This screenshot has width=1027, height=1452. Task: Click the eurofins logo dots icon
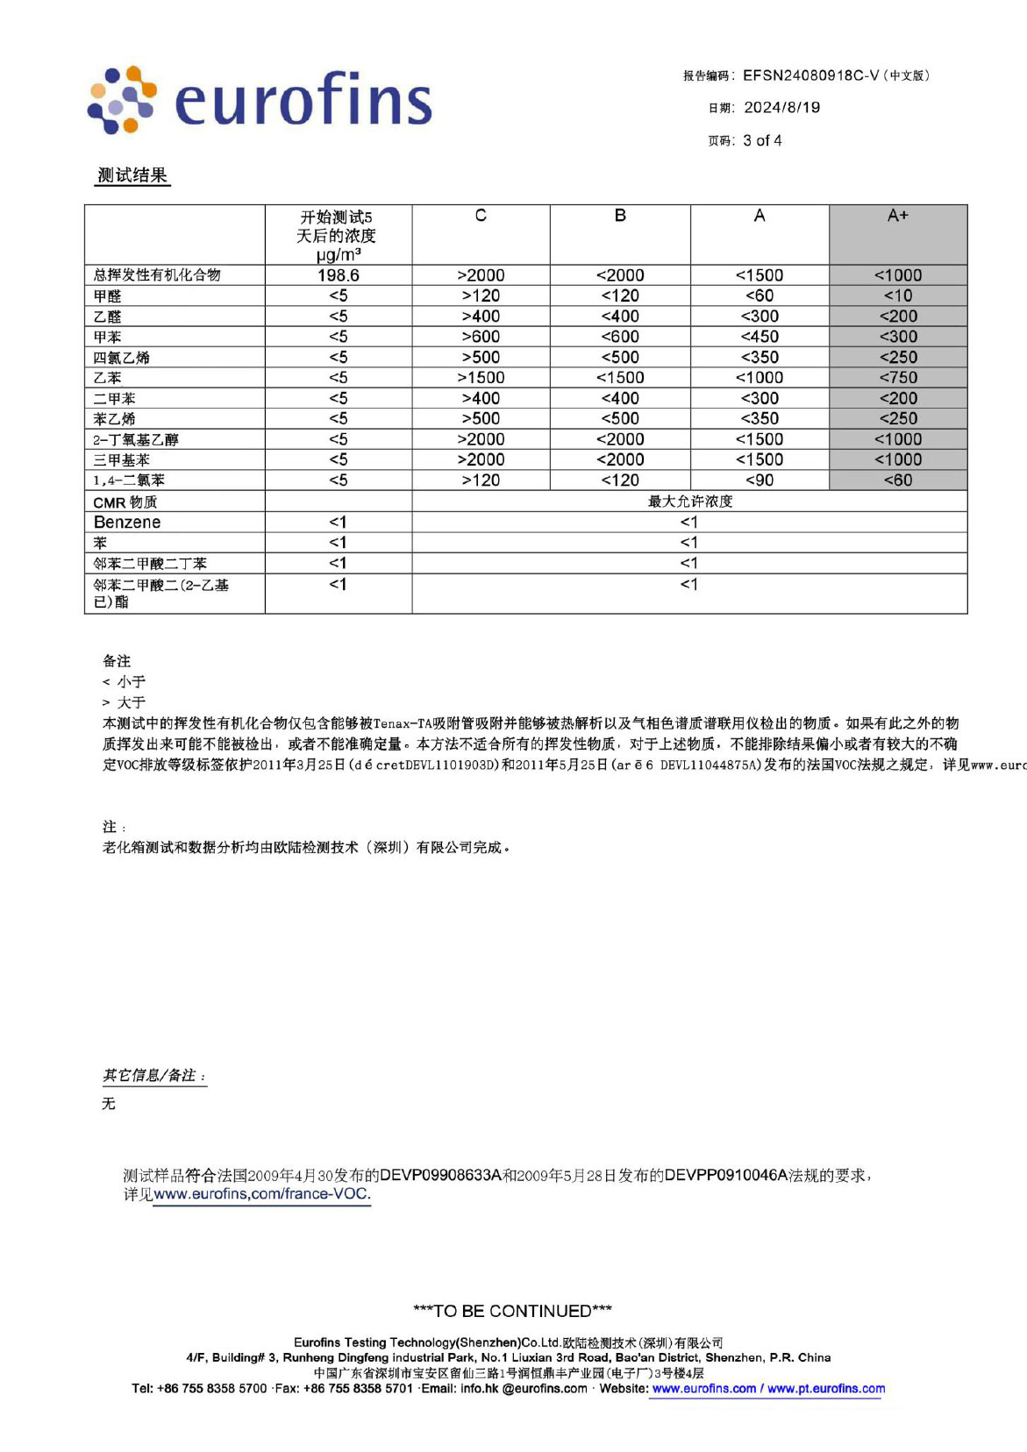122,100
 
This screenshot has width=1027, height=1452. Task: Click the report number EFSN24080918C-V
810,75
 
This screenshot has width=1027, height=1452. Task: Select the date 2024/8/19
781,108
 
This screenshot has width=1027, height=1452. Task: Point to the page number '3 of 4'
762,140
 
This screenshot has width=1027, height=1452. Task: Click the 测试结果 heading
132,175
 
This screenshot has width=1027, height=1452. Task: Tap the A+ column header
897,216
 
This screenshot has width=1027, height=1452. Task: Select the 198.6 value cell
338,275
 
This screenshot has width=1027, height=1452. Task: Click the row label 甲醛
108,296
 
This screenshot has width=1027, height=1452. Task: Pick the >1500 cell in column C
481,378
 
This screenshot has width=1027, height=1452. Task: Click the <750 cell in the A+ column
897,378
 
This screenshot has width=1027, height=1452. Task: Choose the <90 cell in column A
759,480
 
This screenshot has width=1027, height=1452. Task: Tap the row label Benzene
127,523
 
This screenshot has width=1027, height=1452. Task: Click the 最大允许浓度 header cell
689,502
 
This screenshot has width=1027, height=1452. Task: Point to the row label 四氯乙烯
122,358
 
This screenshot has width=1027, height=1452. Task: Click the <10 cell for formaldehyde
897,296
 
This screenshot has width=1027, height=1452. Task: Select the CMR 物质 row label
125,502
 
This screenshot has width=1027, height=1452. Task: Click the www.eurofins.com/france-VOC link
262,1194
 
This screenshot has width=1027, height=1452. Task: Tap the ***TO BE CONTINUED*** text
512,1311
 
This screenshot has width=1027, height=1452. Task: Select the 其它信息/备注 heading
154,1076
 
